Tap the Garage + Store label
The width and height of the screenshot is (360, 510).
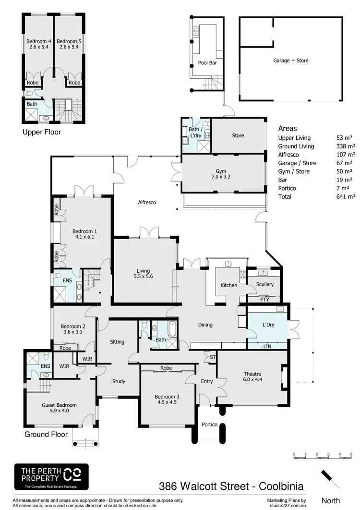(291, 61)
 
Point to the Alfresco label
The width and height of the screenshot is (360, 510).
(147, 202)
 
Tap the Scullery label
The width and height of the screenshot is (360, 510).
(265, 284)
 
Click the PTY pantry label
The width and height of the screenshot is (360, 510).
(265, 299)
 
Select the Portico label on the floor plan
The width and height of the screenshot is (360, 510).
(209, 425)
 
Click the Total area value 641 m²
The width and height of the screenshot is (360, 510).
(346, 197)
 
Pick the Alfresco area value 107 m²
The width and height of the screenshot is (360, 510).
(346, 155)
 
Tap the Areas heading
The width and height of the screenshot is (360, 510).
(288, 128)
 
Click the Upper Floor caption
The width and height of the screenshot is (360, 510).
(42, 132)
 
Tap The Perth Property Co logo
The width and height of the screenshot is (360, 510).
(51, 476)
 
